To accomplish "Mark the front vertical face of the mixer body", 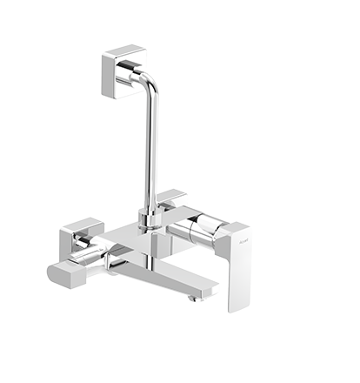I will [139, 252].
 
